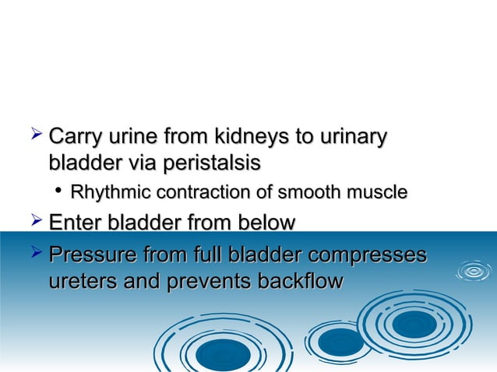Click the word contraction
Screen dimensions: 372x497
point(192,192)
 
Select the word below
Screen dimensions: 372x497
point(261,223)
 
